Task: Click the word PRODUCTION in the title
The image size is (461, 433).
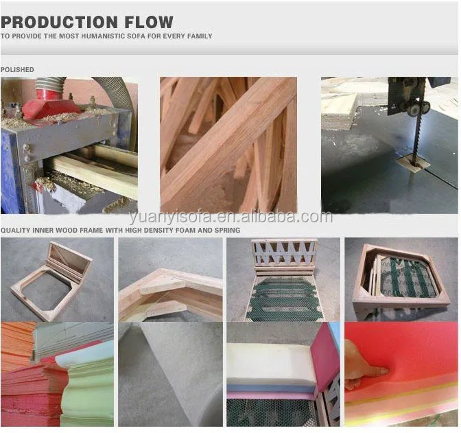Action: click(59, 22)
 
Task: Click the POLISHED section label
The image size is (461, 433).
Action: click(17, 70)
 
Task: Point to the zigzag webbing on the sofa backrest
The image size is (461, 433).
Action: click(284, 253)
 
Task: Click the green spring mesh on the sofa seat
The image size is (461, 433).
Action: click(284, 299)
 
